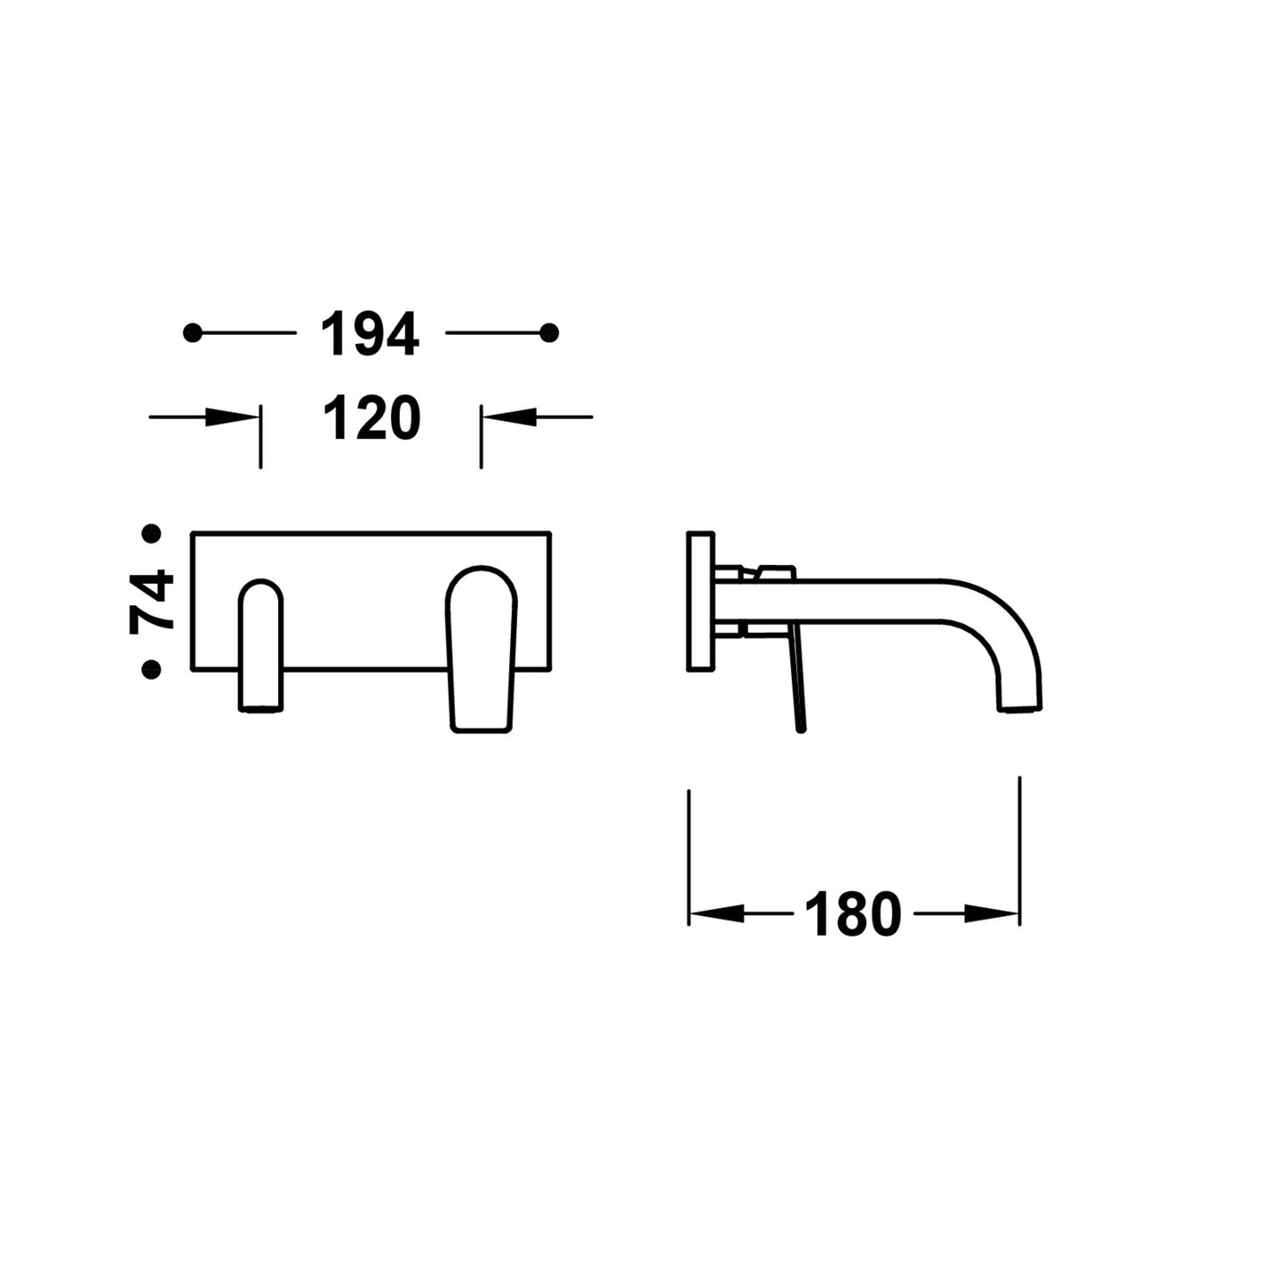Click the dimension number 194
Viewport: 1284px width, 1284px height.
[x=370, y=333]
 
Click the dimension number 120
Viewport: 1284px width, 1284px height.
[x=371, y=417]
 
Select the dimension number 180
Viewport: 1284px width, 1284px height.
[x=853, y=915]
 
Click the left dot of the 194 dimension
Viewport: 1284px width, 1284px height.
[x=193, y=332]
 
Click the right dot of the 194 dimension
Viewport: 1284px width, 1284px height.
[x=549, y=332]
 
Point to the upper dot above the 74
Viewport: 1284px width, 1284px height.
[x=152, y=534]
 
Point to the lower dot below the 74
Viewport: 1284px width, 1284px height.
[x=152, y=670]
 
